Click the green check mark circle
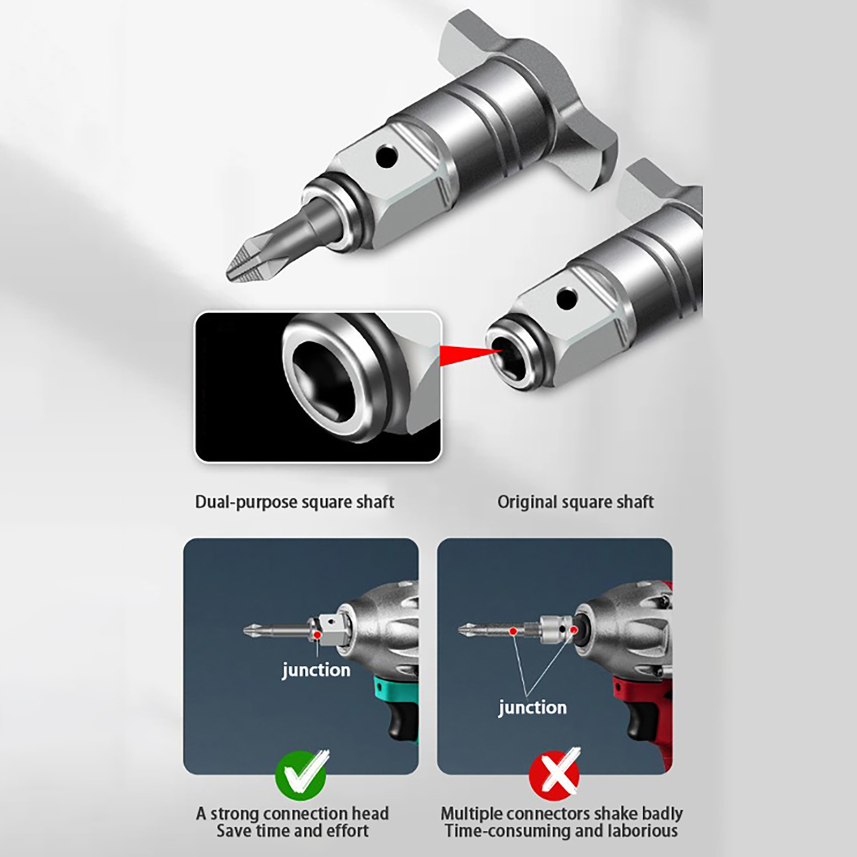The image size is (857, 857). tap(300, 775)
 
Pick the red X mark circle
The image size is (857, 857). tap(554, 775)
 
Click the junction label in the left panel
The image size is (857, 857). tap(316, 670)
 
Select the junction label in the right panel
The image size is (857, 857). tap(532, 708)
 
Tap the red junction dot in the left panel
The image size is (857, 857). tap(318, 635)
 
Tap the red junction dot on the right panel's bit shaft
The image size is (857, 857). tap(513, 632)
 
